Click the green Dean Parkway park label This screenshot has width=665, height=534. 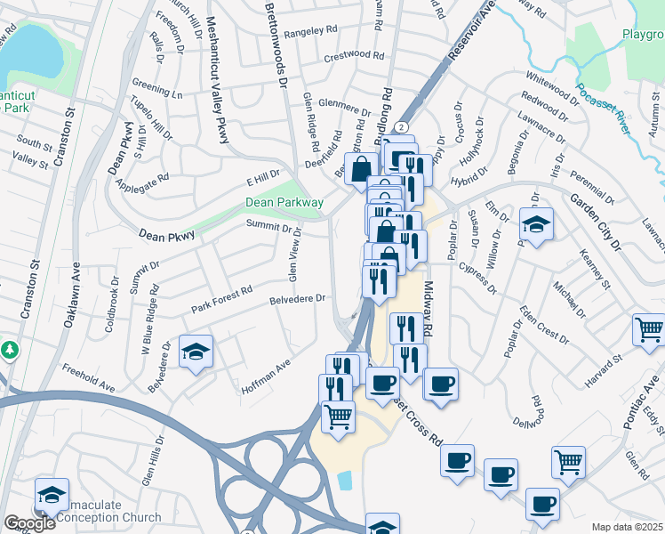284,203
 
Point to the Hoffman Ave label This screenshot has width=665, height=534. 266,377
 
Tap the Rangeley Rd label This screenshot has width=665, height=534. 312,29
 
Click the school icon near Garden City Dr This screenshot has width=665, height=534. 537,224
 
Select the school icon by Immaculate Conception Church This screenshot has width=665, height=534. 52,494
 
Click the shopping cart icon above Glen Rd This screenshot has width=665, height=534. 568,461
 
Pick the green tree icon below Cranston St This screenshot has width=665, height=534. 10,350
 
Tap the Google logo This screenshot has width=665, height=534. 29,523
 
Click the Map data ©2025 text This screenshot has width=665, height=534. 627,527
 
